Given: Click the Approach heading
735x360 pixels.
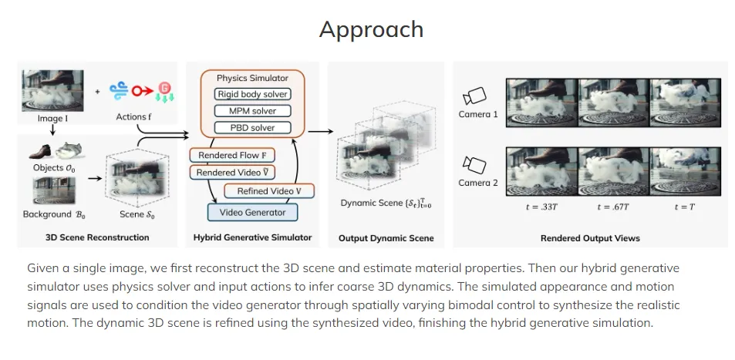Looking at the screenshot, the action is pyautogui.click(x=371, y=29).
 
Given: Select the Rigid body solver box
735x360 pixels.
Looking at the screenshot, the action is pyautogui.click(x=253, y=94).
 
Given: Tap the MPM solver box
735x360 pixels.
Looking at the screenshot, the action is pyautogui.click(x=253, y=111).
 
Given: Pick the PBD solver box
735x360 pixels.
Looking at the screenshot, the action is pyautogui.click(x=253, y=127).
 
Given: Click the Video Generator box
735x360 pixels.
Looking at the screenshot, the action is pyautogui.click(x=253, y=212).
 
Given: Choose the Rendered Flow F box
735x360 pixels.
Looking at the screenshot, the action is pyautogui.click(x=232, y=155).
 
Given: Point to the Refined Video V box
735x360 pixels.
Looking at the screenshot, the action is pyautogui.click(x=269, y=190).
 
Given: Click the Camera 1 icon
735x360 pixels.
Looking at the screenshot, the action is pyautogui.click(x=474, y=96).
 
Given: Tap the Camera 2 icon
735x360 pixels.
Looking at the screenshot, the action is pyautogui.click(x=474, y=165).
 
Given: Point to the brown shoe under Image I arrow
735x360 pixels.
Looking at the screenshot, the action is pyautogui.click(x=40, y=151).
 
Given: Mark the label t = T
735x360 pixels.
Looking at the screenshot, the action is pyautogui.click(x=685, y=207).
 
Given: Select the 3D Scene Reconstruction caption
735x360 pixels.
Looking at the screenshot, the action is pyautogui.click(x=97, y=237).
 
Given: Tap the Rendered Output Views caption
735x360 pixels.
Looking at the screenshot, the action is pyautogui.click(x=590, y=238).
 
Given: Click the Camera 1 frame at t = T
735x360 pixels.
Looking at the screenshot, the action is pyautogui.click(x=685, y=103).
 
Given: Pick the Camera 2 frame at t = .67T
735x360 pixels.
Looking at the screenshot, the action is pyautogui.click(x=614, y=171).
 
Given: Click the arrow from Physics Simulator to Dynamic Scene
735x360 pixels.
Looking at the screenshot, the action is pyautogui.click(x=321, y=132).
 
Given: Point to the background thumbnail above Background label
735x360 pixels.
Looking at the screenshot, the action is pyautogui.click(x=54, y=190).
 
